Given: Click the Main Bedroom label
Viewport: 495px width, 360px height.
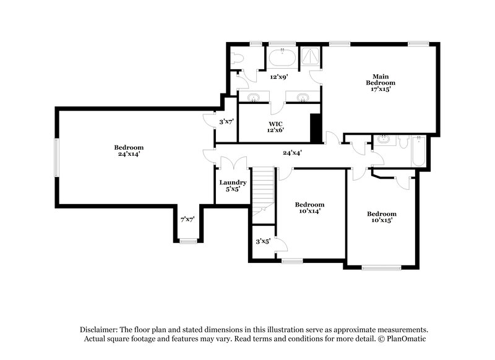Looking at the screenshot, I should (380, 83).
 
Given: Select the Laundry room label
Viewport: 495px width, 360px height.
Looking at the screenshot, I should (233, 186).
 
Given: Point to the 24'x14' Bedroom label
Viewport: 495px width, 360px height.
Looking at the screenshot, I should (128, 150).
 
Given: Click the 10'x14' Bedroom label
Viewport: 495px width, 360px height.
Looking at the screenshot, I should (309, 208).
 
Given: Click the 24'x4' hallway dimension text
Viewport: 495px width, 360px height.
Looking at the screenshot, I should (292, 153).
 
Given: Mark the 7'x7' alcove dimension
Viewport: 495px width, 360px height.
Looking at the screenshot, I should (187, 219).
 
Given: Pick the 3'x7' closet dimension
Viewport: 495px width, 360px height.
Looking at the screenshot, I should (226, 122).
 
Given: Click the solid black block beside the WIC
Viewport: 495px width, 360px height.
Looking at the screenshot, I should (316, 128).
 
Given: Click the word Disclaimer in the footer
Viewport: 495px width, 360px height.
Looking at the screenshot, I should (98, 330).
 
